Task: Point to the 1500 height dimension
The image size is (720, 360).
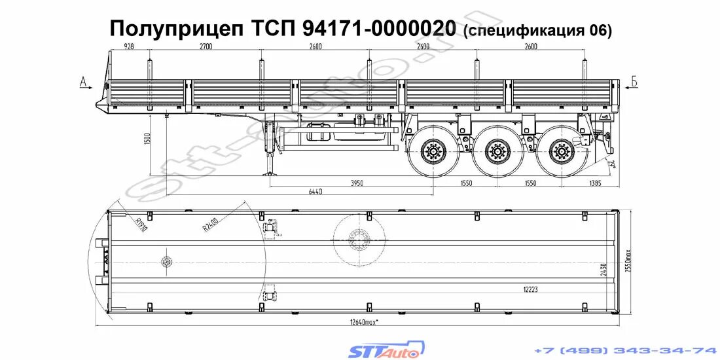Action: (148, 139)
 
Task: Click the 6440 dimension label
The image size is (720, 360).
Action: (315, 192)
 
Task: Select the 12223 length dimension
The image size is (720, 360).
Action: (531, 289)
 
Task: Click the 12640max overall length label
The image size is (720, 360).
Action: (363, 321)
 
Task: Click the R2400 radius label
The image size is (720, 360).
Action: (210, 226)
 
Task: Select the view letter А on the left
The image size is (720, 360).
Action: (83, 82)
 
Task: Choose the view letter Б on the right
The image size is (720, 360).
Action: (634, 82)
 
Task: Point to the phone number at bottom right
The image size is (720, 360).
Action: (626, 350)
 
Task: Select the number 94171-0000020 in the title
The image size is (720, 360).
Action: (380, 28)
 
